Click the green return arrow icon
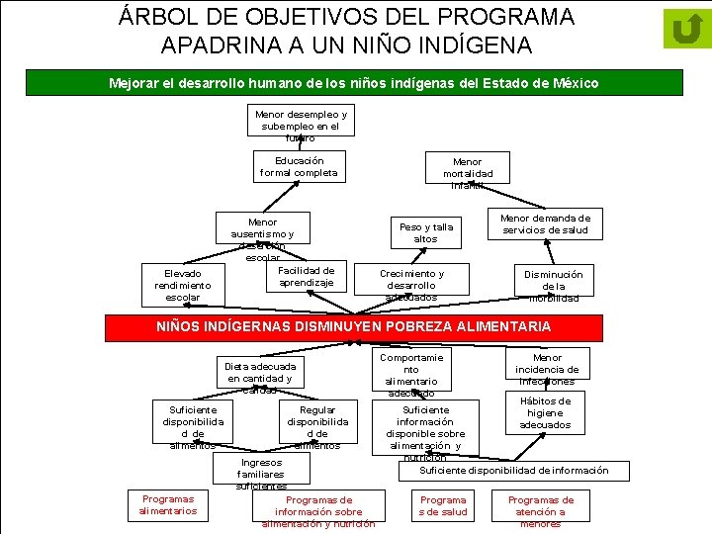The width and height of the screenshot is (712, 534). click(686, 29)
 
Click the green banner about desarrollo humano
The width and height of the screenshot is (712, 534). click(353, 83)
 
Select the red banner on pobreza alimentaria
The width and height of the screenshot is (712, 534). click(355, 326)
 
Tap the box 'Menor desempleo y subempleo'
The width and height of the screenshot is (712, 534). click(301, 126)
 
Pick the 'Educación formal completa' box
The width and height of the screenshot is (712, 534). click(299, 166)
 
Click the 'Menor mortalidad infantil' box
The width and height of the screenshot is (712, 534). click(467, 173)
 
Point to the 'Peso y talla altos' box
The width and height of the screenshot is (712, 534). click(425, 232)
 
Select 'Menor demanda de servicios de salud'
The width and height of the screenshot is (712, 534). click(545, 224)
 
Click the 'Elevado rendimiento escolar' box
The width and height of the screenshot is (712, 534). click(183, 285)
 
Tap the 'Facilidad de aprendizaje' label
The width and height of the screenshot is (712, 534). click(307, 276)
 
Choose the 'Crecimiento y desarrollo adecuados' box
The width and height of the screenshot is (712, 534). click(411, 285)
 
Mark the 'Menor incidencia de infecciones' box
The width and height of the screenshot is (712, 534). click(547, 369)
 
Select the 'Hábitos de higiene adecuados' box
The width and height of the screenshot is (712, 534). click(545, 412)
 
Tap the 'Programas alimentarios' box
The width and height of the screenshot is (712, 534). click(168, 504)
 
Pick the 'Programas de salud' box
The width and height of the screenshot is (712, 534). click(443, 505)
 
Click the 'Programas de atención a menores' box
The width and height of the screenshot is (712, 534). click(541, 511)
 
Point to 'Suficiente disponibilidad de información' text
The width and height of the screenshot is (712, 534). click(514, 471)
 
